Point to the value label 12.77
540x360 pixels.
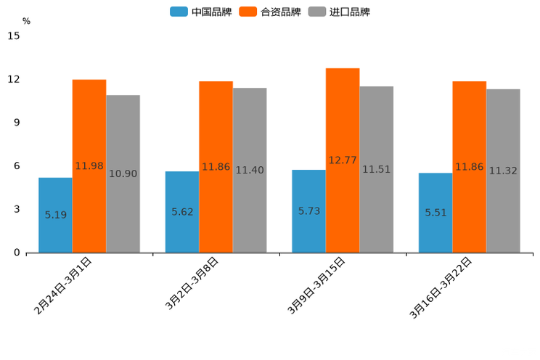[x=343, y=160]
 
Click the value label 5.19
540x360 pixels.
[x=56, y=215]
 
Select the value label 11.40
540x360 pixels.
[x=250, y=171]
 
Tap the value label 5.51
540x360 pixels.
[x=436, y=213]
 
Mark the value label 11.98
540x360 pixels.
[x=89, y=166]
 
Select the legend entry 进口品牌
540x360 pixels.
[x=340, y=12]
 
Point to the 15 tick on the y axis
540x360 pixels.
[x=14, y=36]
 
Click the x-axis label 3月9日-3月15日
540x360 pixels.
[x=317, y=285]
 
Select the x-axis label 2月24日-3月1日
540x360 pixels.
[x=64, y=285]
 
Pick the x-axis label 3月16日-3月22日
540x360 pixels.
[x=441, y=287]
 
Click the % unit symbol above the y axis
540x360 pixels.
[x=26, y=21]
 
